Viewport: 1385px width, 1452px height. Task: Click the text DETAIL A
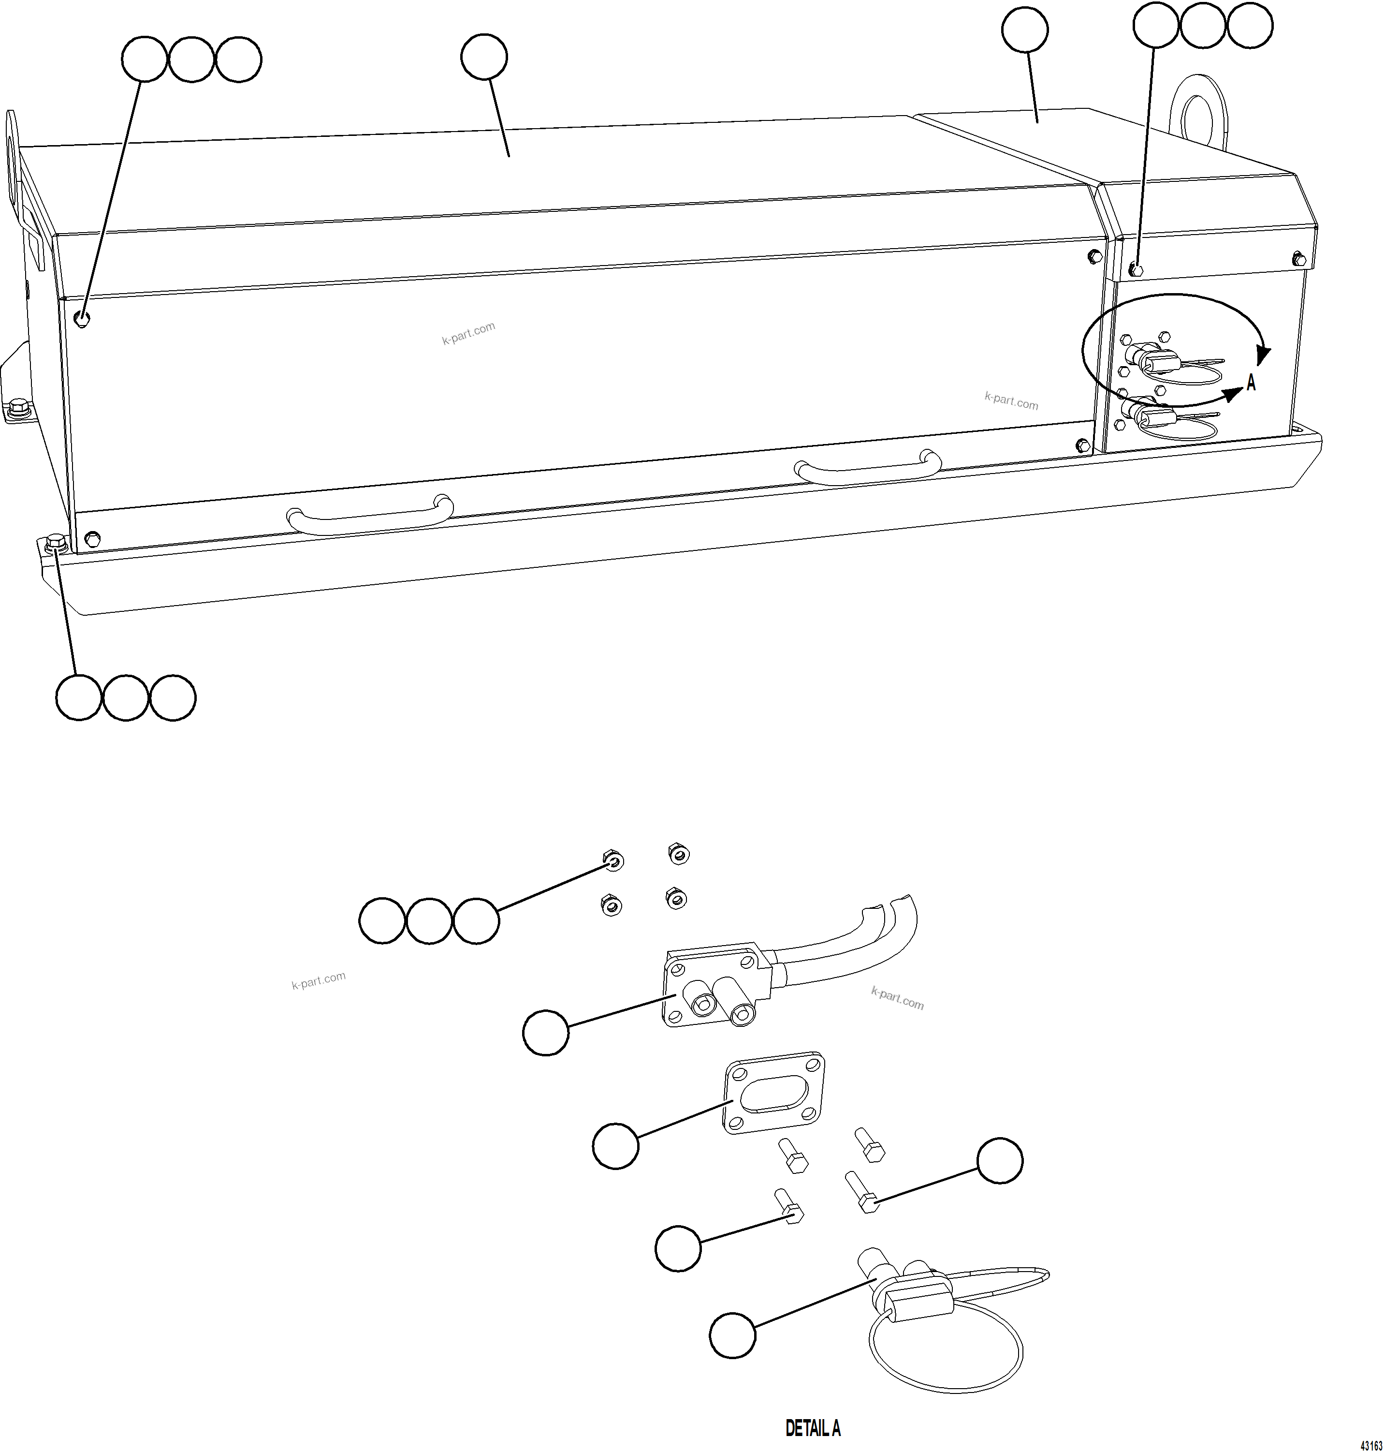pyautogui.click(x=812, y=1428)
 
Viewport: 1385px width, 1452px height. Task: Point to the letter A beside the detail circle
pyautogui.click(x=1251, y=383)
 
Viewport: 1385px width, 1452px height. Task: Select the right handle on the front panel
pyautogui.click(x=867, y=468)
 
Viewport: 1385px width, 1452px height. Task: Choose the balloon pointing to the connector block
pyautogui.click(x=546, y=1033)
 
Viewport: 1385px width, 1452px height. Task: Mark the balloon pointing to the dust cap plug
pyautogui.click(x=732, y=1334)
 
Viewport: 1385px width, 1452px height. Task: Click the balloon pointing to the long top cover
pyautogui.click(x=483, y=57)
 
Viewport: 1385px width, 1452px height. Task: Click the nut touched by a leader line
pyautogui.click(x=612, y=860)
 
